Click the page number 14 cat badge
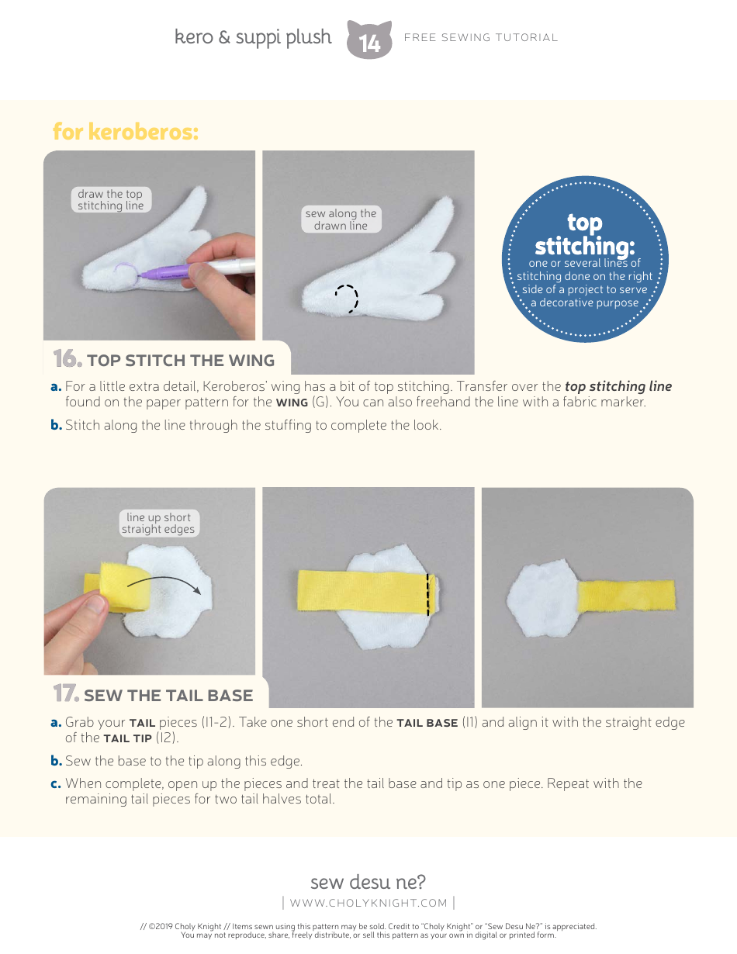click(369, 40)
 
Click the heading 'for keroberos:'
click(126, 132)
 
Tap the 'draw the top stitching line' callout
click(110, 200)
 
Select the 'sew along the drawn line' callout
click(341, 219)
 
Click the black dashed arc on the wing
click(348, 298)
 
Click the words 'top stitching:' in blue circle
click(584, 235)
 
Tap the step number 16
click(67, 359)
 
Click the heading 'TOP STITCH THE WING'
click(181, 361)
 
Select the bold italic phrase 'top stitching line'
click(618, 386)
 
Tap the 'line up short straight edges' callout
click(158, 524)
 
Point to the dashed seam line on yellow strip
click(427, 595)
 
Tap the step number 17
click(66, 693)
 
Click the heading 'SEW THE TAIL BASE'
click(168, 695)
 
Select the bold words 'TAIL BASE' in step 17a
click(427, 723)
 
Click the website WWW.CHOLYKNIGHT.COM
click(368, 903)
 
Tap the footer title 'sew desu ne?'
click(368, 882)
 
